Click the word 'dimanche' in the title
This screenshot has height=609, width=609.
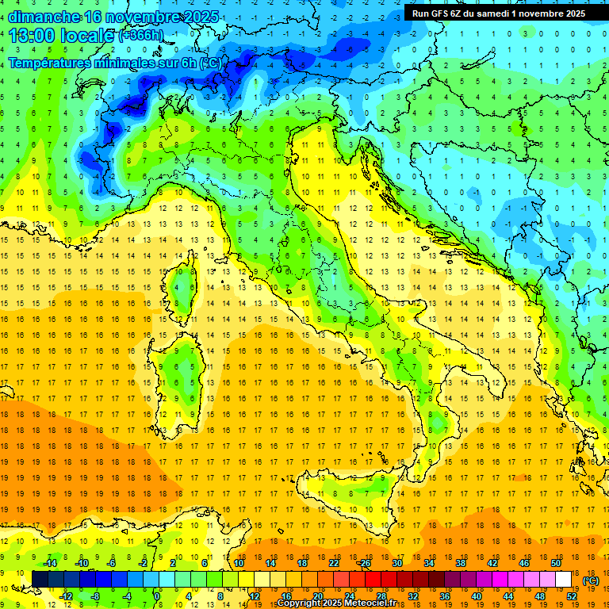(44, 17)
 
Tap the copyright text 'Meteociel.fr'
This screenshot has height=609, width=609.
(371, 603)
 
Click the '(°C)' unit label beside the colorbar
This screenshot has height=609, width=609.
(591, 580)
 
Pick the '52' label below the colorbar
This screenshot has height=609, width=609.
(571, 596)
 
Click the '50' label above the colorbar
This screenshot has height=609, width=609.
(555, 563)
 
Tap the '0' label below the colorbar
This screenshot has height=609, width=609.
(158, 596)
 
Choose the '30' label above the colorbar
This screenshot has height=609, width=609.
(397, 563)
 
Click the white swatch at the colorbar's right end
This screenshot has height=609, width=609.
(563, 580)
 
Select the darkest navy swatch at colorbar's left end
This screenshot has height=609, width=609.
(40, 580)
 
